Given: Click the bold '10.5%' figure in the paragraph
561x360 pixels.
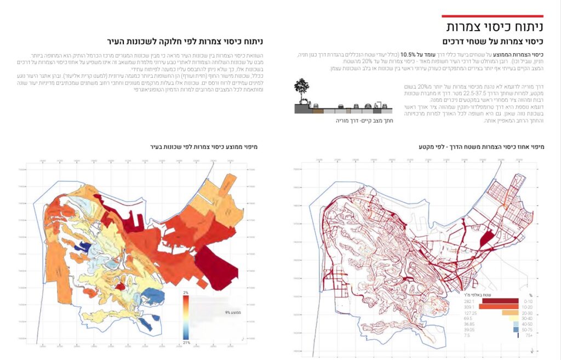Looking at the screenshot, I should [409, 54].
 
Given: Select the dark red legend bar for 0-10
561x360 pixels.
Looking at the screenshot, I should [501, 300].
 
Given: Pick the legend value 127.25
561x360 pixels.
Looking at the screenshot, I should [469, 313].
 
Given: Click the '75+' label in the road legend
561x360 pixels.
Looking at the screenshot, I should [529, 336].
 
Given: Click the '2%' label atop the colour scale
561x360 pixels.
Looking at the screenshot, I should [186, 293].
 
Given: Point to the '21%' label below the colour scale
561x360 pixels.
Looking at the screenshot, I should [186, 341].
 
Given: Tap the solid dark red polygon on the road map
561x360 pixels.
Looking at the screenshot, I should [485, 239].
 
